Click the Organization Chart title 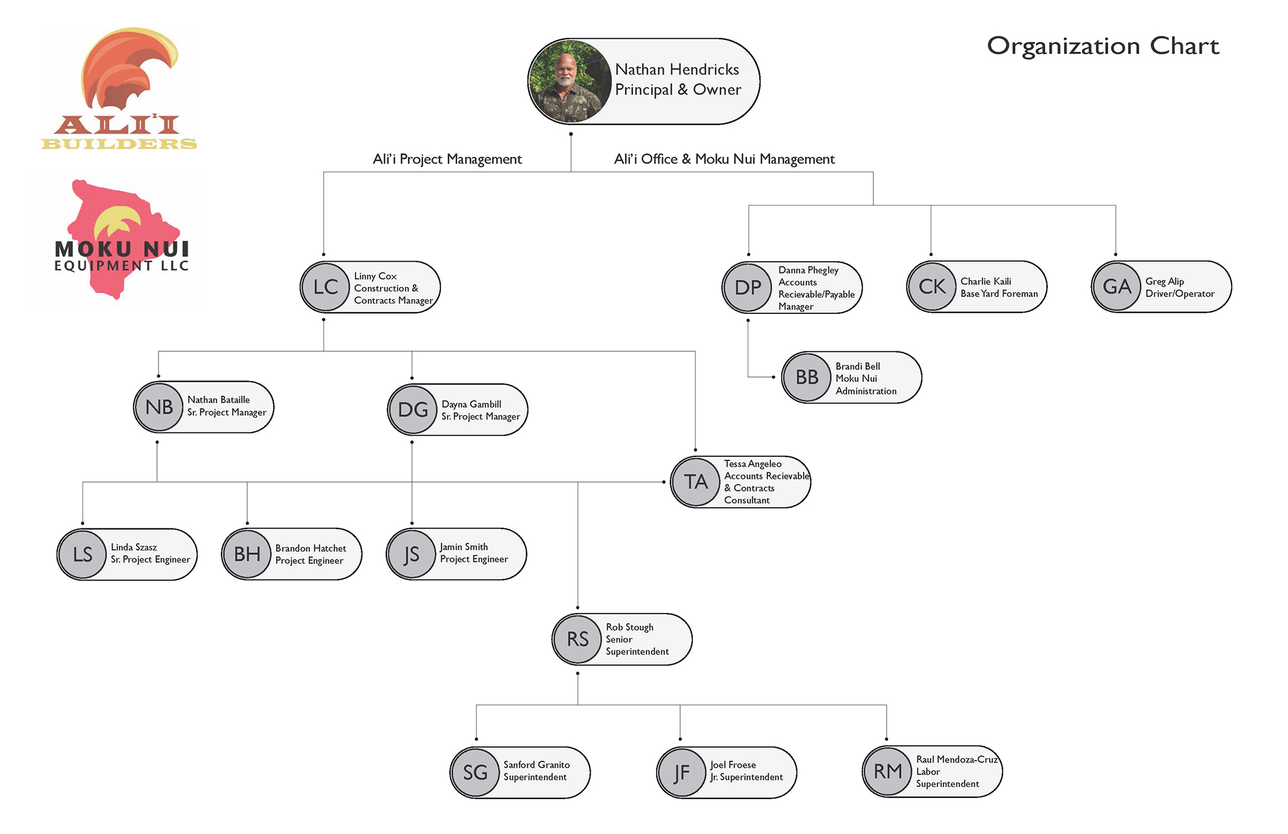point(1103,46)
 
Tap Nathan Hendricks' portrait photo point(569,81)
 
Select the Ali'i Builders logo point(120,88)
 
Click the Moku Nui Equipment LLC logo point(122,238)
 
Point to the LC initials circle point(326,287)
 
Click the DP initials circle point(748,287)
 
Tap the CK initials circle point(933,287)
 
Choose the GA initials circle point(1117,287)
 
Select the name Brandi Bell point(858,366)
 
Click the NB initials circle point(159,407)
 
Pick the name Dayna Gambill point(471,404)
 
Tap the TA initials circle point(696,482)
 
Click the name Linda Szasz point(134,547)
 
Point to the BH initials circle point(247,554)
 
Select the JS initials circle point(412,554)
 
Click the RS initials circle point(578,639)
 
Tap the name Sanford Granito point(536,765)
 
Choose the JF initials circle point(681,773)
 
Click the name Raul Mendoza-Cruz point(957,760)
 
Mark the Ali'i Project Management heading point(448,159)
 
